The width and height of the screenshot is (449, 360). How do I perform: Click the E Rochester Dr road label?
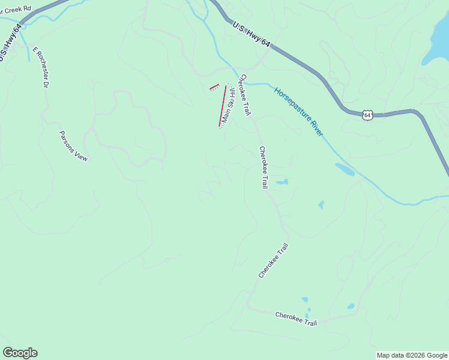[40, 67]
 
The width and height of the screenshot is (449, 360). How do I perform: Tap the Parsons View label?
[73, 146]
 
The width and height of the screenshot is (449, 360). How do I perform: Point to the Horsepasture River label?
[299, 112]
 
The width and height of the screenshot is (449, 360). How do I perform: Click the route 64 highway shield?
[367, 114]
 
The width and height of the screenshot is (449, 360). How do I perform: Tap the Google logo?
[20, 353]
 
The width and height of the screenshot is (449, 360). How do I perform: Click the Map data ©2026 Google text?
[412, 355]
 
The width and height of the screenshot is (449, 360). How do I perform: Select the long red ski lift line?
[223, 106]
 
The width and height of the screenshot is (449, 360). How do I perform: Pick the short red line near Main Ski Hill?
[214, 87]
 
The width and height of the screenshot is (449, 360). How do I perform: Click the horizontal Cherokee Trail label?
[296, 319]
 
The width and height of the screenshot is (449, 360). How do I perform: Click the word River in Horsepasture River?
[315, 127]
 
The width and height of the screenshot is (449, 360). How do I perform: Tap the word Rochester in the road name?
[41, 71]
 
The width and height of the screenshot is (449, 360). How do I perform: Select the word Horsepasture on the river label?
[291, 103]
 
